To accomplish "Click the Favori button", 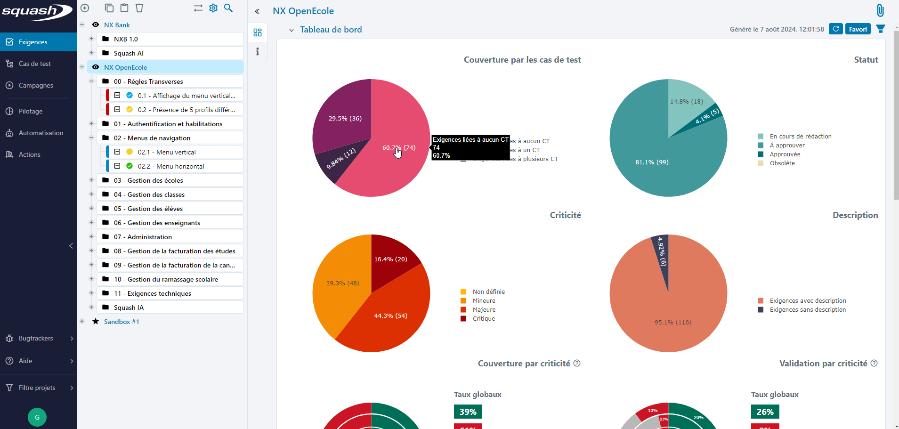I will (858, 29).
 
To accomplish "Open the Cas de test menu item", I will (34, 64).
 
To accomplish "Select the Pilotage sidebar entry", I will (31, 111).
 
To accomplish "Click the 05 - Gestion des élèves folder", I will (148, 209).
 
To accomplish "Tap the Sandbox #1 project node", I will (121, 322).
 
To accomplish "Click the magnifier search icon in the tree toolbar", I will (228, 8).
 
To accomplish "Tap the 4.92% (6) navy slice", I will (662, 257).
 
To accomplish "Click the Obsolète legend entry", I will (782, 163).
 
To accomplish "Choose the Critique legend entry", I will (484, 319).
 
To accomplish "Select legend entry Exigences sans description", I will (807, 310).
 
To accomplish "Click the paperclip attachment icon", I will (880, 10).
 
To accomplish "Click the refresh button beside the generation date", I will (835, 29).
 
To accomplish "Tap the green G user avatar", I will (37, 417).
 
